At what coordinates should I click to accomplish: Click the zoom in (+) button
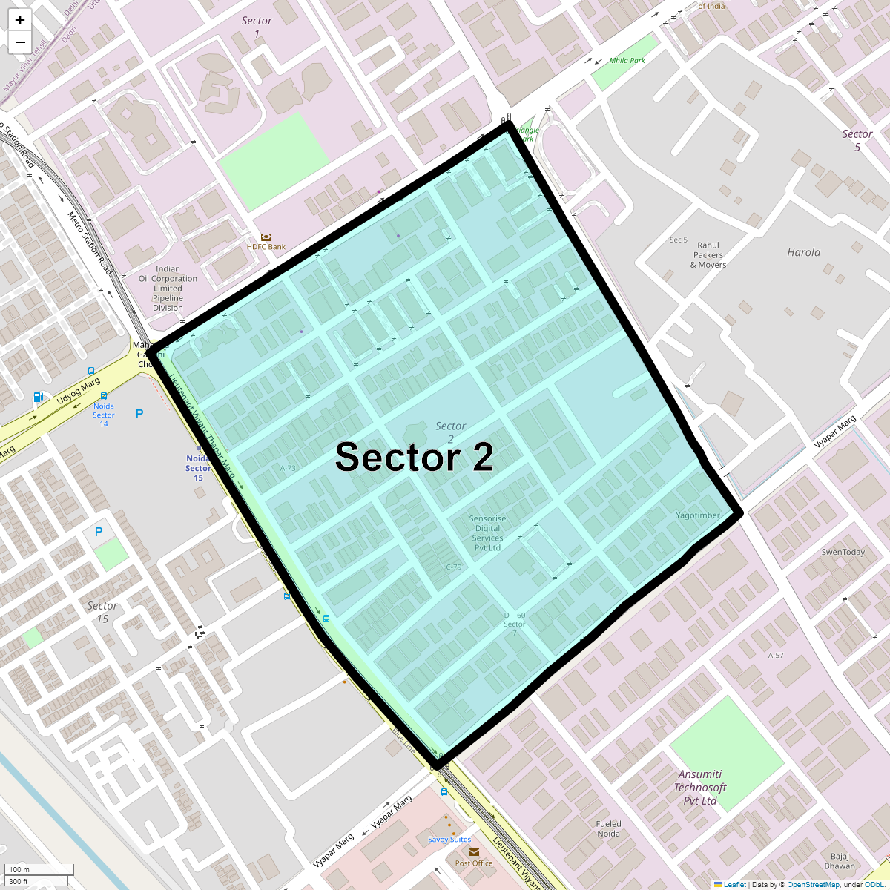click(20, 20)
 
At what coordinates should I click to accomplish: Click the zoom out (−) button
click(20, 42)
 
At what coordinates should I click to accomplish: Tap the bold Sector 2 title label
click(414, 457)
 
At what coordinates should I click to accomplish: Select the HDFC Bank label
click(266, 247)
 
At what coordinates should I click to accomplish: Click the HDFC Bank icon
click(266, 237)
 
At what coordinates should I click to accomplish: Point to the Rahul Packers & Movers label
click(708, 255)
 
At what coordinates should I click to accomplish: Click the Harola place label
click(803, 252)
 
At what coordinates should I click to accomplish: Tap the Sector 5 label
click(857, 140)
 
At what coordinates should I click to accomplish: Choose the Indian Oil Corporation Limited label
click(168, 289)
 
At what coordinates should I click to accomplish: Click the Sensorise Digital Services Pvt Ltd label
click(487, 533)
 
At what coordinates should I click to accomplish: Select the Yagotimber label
click(698, 515)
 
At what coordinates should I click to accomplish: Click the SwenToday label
click(843, 552)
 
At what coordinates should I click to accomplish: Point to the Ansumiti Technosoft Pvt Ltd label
click(700, 787)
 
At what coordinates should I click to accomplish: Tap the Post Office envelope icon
click(473, 852)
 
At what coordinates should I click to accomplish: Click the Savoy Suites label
click(449, 840)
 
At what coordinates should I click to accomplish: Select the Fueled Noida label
click(608, 828)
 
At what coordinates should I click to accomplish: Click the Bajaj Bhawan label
click(840, 861)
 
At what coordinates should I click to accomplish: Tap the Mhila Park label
click(627, 61)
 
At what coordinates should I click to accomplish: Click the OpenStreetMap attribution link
click(813, 884)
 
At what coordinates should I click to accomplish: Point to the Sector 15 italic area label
click(102, 612)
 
